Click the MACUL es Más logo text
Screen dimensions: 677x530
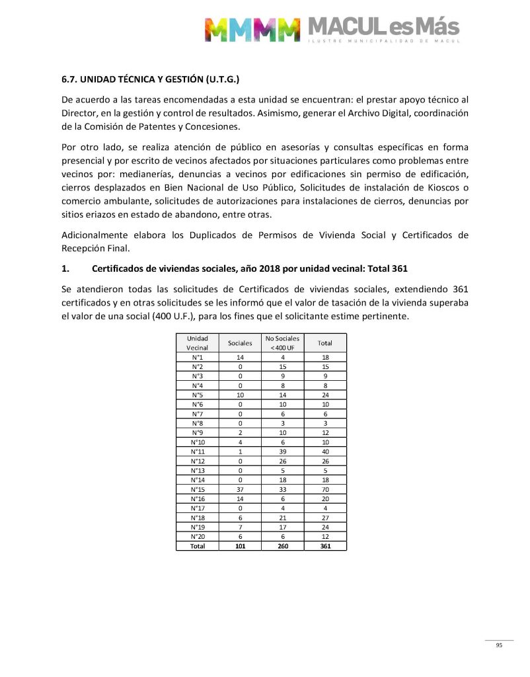pyautogui.click(x=383, y=28)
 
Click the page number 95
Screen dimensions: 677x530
pyautogui.click(x=499, y=646)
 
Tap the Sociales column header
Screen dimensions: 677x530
pyautogui.click(x=240, y=343)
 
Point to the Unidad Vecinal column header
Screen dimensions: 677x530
pyautogui.click(x=198, y=342)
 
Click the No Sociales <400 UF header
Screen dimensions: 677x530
pyautogui.click(x=282, y=342)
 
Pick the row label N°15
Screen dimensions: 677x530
pyautogui.click(x=198, y=489)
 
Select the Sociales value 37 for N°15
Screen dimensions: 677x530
pyautogui.click(x=240, y=489)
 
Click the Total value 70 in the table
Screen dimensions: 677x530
pyautogui.click(x=324, y=489)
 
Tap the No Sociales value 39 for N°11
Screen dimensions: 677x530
pyautogui.click(x=282, y=452)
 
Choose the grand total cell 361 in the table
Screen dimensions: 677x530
pyautogui.click(x=324, y=546)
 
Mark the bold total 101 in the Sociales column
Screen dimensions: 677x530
pyautogui.click(x=240, y=546)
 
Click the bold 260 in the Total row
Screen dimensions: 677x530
pyautogui.click(x=282, y=546)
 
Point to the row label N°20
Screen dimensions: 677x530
pyautogui.click(x=198, y=536)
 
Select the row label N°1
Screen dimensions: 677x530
pyautogui.click(x=198, y=357)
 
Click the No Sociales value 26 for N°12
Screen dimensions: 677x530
pyautogui.click(x=282, y=461)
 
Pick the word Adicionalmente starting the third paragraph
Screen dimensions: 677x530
pyautogui.click(x=96, y=235)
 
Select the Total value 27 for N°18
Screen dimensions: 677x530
pyautogui.click(x=324, y=518)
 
